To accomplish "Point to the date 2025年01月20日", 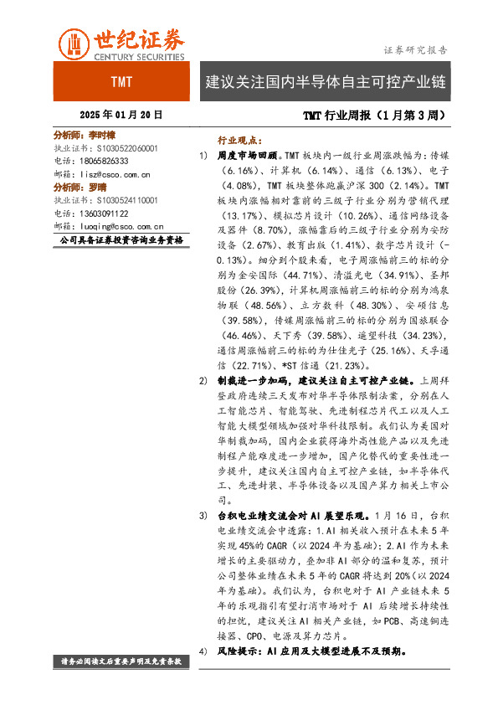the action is coord(121,115).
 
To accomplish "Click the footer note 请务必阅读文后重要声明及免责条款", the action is coord(121,661).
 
